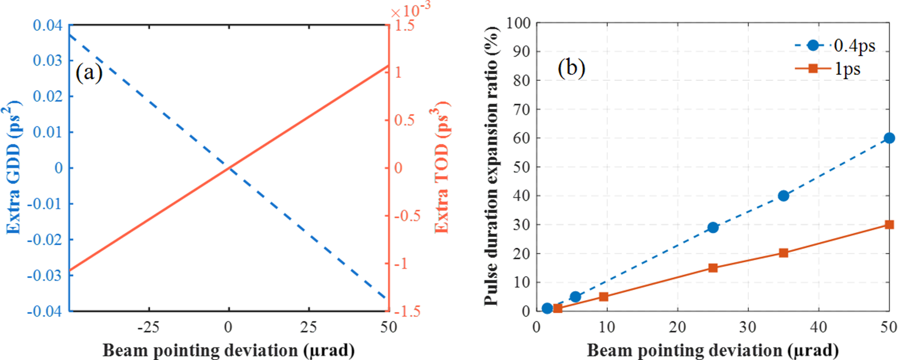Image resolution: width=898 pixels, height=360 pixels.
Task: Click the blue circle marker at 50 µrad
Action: pos(889,138)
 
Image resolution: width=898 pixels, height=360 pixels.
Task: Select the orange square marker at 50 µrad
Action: pos(889,224)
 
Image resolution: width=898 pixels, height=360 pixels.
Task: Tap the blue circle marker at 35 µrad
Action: pos(783,196)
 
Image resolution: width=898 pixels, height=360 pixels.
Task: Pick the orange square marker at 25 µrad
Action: pos(713,268)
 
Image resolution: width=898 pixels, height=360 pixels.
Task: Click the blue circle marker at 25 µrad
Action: pos(713,228)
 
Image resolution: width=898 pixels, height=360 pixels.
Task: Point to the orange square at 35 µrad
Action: pos(783,253)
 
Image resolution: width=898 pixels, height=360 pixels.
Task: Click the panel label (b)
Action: pos(571,67)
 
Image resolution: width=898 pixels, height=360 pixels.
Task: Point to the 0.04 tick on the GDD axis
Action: pos(48,25)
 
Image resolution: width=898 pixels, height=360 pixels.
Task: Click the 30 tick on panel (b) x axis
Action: pos(747,328)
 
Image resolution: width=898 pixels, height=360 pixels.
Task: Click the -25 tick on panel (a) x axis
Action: pos(148,328)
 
